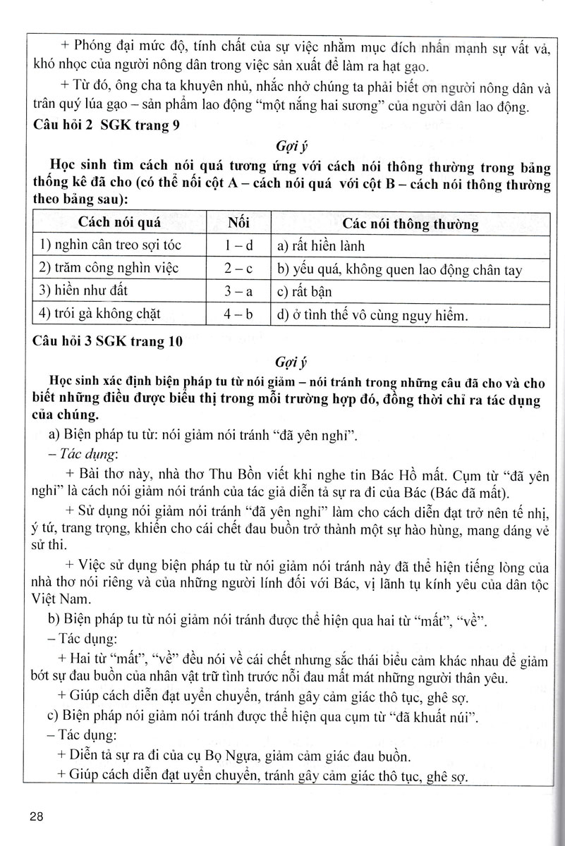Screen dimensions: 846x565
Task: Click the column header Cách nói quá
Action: point(119,224)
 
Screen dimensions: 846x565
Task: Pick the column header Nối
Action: point(239,224)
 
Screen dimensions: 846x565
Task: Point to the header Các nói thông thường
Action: point(411,225)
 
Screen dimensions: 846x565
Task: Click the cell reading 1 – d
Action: point(238,247)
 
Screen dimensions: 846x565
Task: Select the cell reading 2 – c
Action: point(238,269)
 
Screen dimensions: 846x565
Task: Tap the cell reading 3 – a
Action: point(238,291)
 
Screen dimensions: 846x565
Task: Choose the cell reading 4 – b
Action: point(238,314)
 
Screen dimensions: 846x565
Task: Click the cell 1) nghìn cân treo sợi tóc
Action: point(106,247)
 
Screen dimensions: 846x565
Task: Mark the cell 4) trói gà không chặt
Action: point(99,314)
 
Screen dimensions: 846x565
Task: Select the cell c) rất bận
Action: point(304,291)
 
